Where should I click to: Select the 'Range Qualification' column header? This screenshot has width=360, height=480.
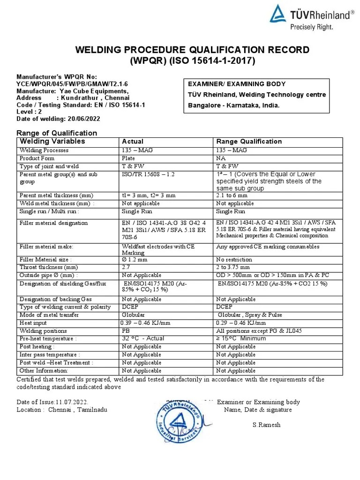click(x=249, y=142)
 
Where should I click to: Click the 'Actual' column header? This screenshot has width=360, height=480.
click(x=133, y=142)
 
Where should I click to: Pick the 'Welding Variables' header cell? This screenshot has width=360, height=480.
click(x=52, y=141)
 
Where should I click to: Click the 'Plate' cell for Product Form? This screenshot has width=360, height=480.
click(x=128, y=158)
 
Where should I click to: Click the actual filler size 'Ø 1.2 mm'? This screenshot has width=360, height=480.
click(x=135, y=259)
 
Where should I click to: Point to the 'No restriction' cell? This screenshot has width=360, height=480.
click(x=234, y=259)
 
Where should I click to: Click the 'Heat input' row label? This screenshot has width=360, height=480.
click(x=33, y=323)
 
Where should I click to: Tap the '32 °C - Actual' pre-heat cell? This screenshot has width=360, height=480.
click(x=143, y=338)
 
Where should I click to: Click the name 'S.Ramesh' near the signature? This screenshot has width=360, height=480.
click(x=266, y=425)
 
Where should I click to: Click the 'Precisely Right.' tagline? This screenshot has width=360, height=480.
click(x=311, y=27)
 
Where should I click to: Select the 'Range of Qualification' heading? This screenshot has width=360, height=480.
click(x=57, y=133)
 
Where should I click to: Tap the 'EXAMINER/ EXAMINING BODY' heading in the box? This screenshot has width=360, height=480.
click(x=236, y=84)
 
